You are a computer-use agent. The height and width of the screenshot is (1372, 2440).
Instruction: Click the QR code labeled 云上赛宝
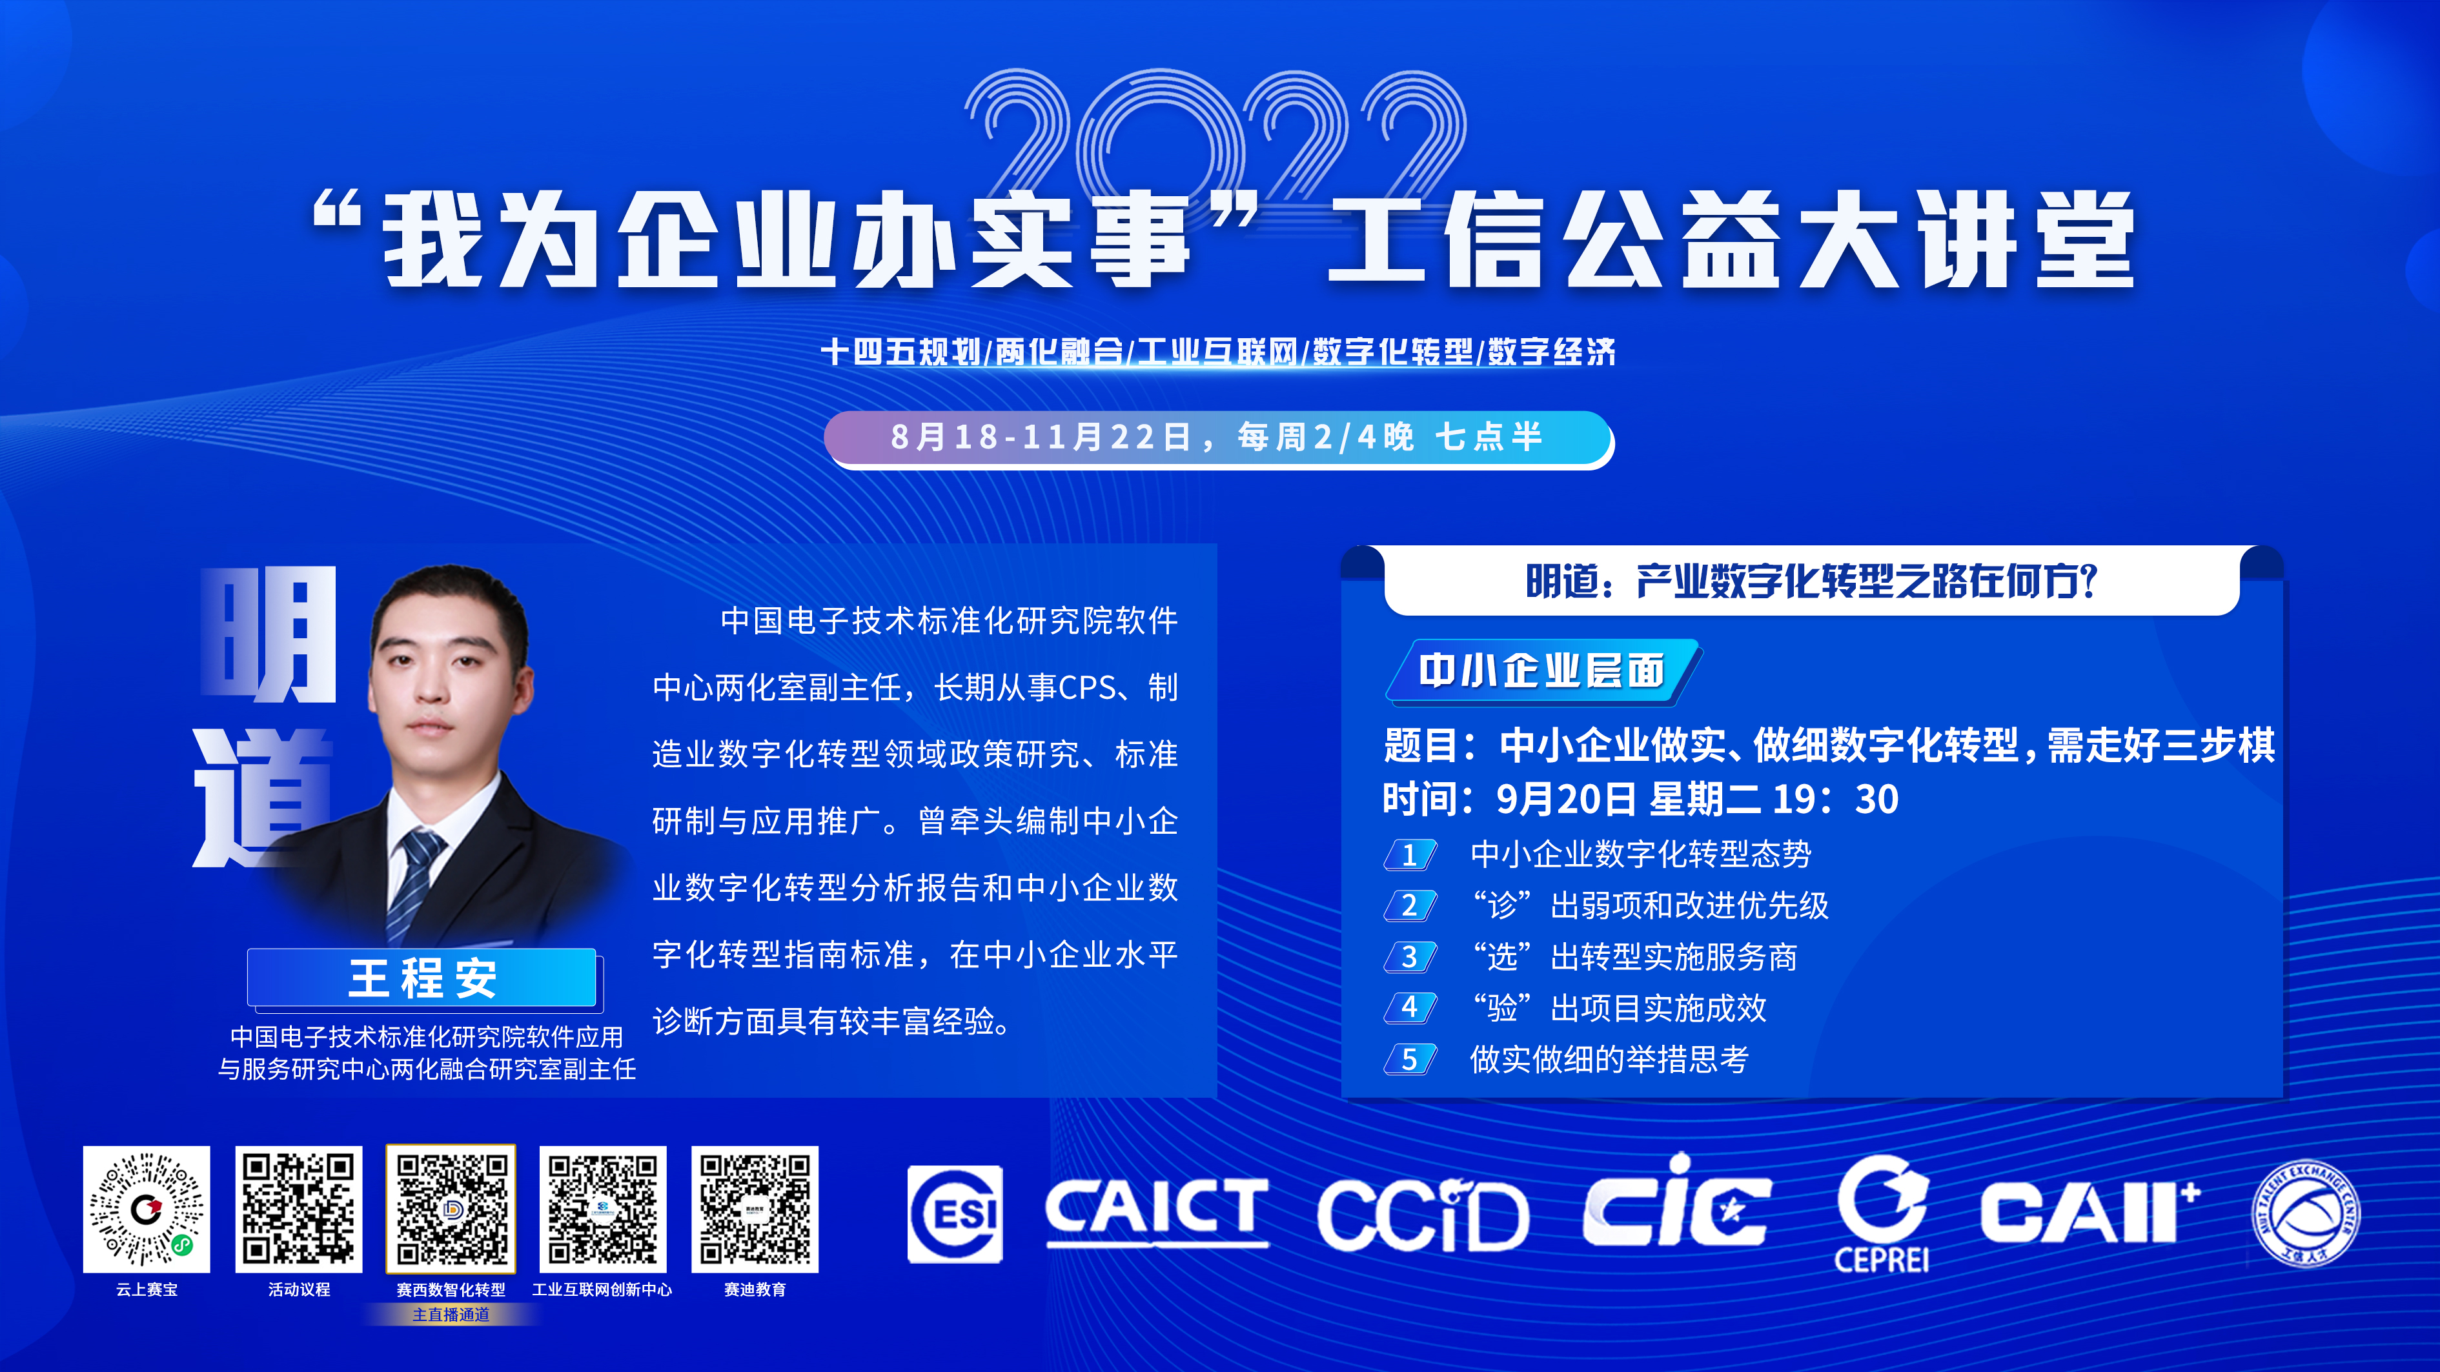[146, 1209]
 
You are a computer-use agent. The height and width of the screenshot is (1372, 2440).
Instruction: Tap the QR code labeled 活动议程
[298, 1209]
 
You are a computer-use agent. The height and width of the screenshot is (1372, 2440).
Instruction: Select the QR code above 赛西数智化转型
[451, 1209]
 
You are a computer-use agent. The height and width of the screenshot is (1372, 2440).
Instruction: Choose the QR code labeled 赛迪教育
[755, 1209]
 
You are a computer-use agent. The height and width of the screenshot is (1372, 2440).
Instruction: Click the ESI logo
[955, 1214]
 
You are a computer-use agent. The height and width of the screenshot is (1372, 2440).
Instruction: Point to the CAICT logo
[1157, 1211]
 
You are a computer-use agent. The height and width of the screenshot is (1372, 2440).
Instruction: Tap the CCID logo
[1423, 1215]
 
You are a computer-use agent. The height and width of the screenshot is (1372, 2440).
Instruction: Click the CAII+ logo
[2091, 1212]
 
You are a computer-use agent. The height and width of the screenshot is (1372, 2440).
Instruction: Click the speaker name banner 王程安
[422, 977]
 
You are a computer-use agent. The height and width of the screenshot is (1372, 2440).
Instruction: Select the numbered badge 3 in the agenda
[1410, 956]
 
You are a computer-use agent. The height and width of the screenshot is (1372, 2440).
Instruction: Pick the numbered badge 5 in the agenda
[1410, 1058]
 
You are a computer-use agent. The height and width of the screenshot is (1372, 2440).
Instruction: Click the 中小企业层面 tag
[1542, 671]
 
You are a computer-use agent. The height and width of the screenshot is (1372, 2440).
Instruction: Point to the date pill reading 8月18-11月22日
[1219, 438]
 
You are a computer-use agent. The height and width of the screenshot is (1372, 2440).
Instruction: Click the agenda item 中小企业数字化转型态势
[1641, 854]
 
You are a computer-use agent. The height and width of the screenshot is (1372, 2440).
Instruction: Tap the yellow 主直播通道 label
[451, 1314]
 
